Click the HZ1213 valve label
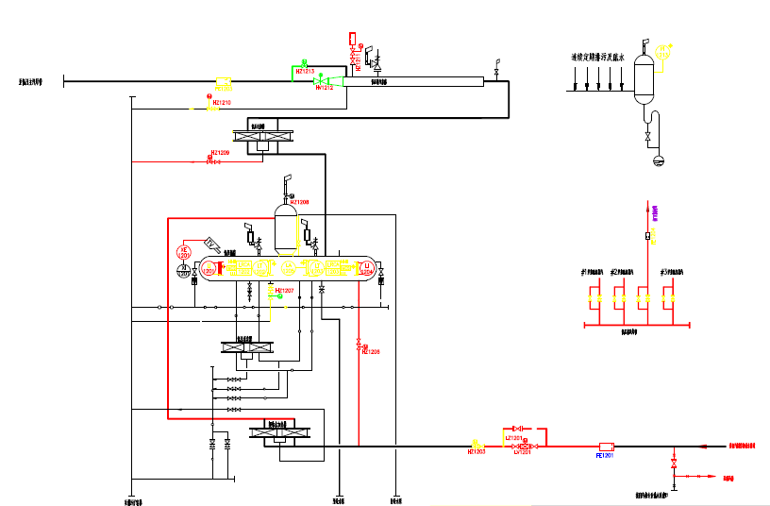(305, 71)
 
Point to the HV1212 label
(324, 88)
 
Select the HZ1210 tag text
(222, 102)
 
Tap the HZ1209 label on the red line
(220, 152)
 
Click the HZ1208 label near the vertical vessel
(299, 201)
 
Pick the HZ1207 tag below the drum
(284, 290)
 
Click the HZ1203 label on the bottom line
(476, 452)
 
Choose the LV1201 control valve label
(524, 453)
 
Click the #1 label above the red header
(592, 272)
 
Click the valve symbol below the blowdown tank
(647, 139)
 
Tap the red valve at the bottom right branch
(673, 464)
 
